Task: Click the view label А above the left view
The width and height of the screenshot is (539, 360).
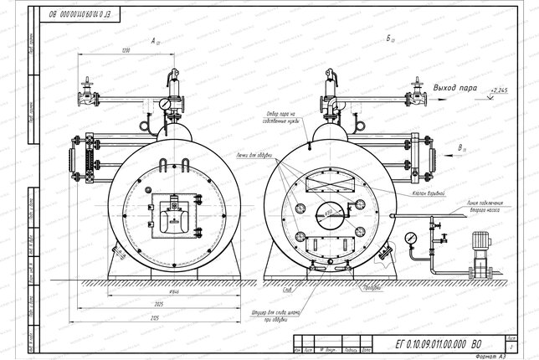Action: click(154, 40)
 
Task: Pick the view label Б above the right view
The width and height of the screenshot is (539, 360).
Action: click(390, 40)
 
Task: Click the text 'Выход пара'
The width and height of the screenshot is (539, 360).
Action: click(459, 86)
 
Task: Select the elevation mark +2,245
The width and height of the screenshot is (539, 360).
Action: click(500, 90)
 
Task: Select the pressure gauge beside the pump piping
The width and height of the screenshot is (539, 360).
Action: click(410, 238)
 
